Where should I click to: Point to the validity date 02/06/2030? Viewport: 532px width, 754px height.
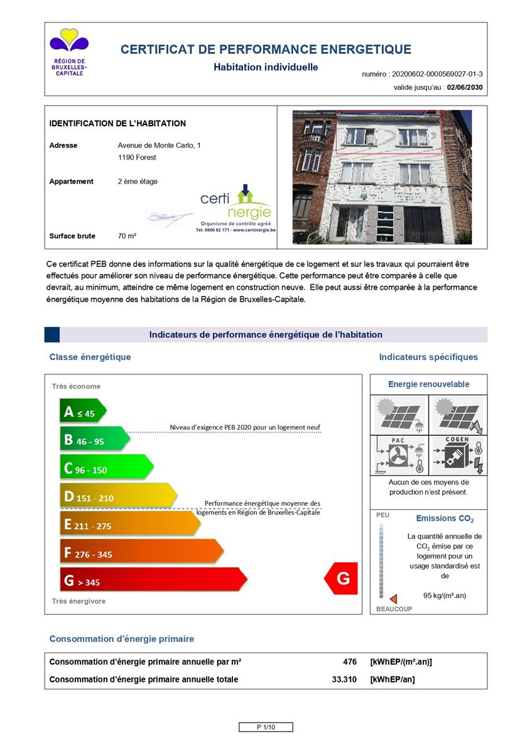pos(465,88)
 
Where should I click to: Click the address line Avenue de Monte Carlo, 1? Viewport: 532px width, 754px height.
pos(160,145)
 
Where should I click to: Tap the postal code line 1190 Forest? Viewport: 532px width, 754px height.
pos(137,158)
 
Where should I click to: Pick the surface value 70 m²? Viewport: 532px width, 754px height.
pos(127,236)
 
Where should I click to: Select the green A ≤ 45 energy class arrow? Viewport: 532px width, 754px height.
pos(82,412)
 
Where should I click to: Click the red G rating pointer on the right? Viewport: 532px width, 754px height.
pos(341,579)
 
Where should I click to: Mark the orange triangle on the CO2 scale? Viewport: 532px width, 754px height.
pos(393,599)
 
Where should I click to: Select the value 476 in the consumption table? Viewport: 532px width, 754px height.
pos(350,662)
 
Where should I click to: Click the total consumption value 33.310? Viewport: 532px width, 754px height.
pos(344,679)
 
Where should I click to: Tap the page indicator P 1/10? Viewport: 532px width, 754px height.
pos(266,727)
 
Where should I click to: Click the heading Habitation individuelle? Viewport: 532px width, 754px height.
pos(266,67)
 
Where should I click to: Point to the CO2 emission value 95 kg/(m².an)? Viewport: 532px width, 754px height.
pos(445,596)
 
